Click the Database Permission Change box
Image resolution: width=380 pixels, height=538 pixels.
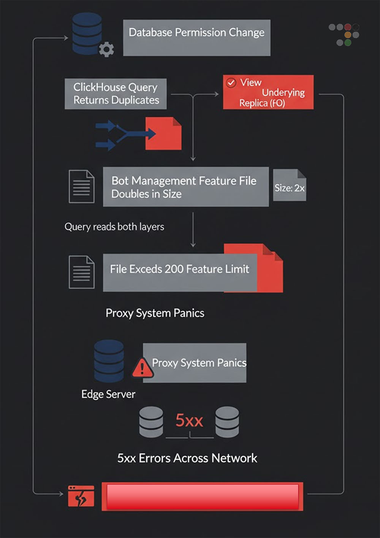(x=196, y=38)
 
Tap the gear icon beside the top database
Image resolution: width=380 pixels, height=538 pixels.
(x=106, y=49)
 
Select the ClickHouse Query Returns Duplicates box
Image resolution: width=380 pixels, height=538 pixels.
(x=116, y=94)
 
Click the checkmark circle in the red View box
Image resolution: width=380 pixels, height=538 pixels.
(x=231, y=83)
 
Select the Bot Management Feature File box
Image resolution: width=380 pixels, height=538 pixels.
(x=185, y=187)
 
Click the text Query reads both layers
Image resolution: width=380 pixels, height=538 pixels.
(x=114, y=227)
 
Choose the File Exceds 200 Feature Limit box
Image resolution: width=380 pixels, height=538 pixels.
(x=180, y=273)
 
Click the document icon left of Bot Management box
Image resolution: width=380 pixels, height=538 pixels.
(x=81, y=186)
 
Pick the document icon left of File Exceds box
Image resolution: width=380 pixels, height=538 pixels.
(x=81, y=272)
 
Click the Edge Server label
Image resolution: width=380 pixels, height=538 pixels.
(x=108, y=394)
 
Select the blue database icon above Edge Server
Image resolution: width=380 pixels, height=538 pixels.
(x=109, y=361)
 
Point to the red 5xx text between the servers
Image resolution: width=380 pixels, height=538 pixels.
(x=189, y=421)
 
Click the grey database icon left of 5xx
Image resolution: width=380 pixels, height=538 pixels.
(x=151, y=422)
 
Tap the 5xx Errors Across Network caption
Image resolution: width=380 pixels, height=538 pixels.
(x=187, y=458)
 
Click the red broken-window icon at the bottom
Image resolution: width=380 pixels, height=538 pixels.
(x=81, y=496)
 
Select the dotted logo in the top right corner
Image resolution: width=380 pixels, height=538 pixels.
(x=344, y=34)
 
